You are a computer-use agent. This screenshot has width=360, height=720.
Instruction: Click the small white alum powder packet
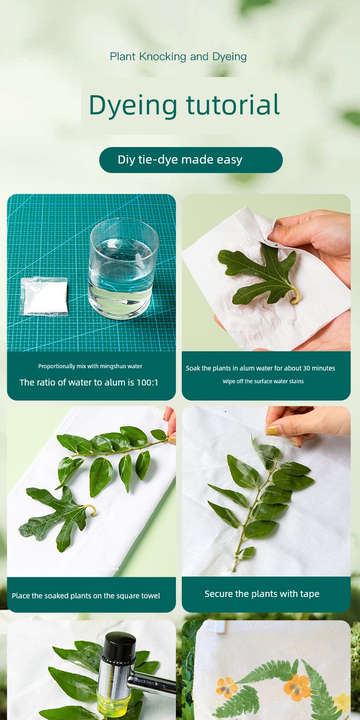tap(44, 296)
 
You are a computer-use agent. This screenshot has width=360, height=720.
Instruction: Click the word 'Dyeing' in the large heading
tap(133, 106)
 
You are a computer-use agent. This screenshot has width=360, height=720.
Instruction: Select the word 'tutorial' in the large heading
tap(233, 104)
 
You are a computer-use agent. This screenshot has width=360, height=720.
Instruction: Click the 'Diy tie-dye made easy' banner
tap(191, 160)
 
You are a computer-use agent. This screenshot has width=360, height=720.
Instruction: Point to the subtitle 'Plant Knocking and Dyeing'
tap(178, 57)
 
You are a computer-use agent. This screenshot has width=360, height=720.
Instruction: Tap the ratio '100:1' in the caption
tap(147, 382)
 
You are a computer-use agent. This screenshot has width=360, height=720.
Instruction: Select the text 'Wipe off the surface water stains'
tap(263, 381)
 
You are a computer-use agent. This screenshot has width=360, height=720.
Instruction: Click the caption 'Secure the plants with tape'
tap(262, 594)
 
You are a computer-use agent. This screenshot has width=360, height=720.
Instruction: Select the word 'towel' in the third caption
tap(150, 596)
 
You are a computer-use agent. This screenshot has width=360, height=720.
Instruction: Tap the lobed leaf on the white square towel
tap(58, 518)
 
